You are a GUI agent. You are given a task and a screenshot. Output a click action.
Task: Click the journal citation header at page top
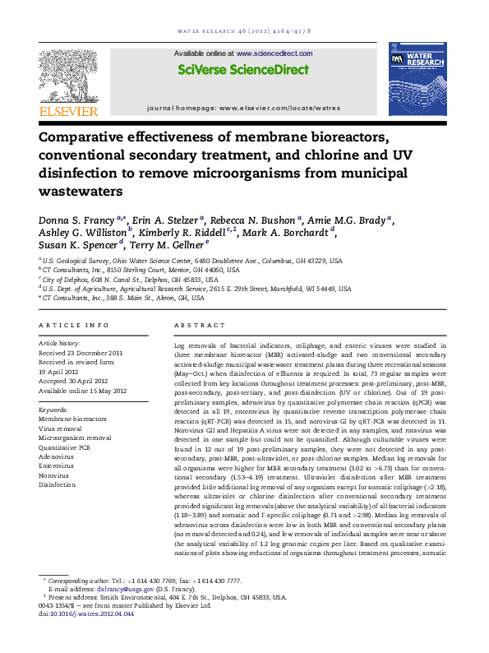click(x=243, y=11)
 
